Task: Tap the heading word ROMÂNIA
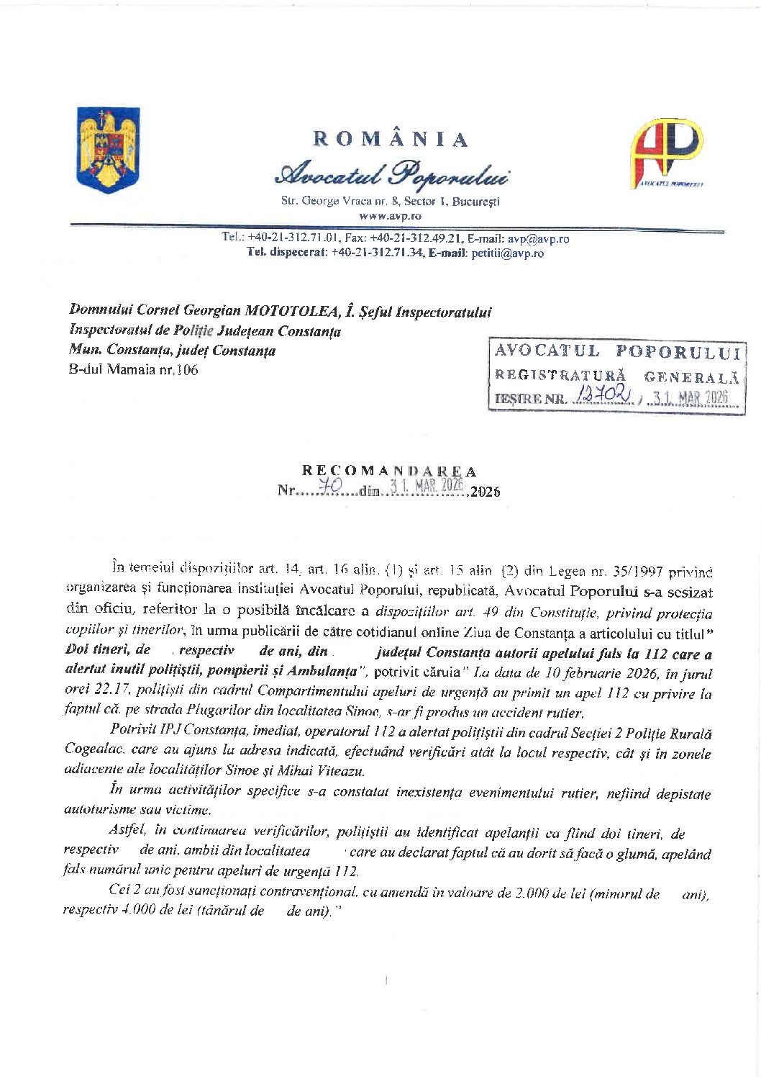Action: (x=391, y=139)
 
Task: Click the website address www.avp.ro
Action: (x=390, y=215)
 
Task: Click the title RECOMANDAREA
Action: (x=389, y=472)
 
